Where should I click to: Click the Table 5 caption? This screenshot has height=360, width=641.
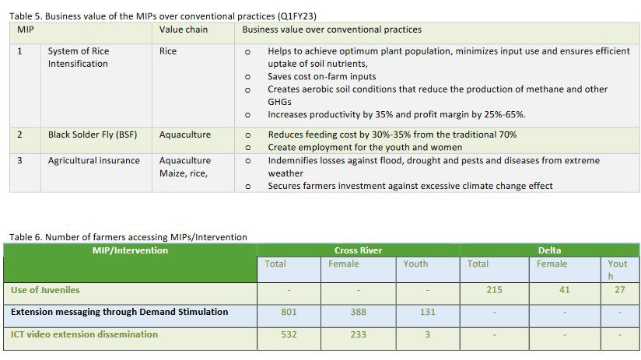(x=163, y=16)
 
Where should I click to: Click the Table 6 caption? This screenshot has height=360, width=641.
(x=128, y=237)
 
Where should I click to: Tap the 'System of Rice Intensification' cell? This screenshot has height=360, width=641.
(x=79, y=58)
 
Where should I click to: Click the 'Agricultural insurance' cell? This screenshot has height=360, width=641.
(x=94, y=161)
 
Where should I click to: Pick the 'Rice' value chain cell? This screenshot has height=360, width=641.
(x=168, y=51)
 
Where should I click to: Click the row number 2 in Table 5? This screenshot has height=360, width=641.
(x=20, y=135)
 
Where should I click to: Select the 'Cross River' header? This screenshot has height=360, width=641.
(x=358, y=250)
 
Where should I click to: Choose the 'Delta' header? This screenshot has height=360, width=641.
(x=549, y=250)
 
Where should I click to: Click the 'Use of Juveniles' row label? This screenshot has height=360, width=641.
(x=45, y=290)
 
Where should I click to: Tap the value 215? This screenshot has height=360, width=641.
(x=493, y=290)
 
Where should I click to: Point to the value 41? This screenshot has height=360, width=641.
(x=564, y=290)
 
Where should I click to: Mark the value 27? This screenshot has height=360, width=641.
(x=619, y=290)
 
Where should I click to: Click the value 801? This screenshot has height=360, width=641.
(x=289, y=312)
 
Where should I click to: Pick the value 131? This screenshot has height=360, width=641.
(x=428, y=312)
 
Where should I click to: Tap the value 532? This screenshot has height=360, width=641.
(x=289, y=334)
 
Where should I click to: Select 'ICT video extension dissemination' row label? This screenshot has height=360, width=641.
(x=84, y=334)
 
